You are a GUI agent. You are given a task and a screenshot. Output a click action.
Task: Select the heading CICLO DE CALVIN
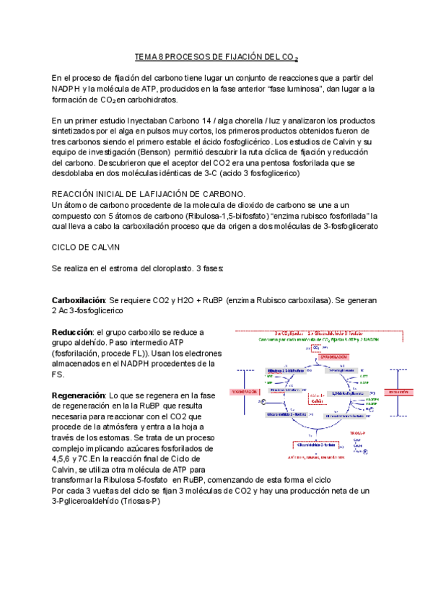click(x=87, y=247)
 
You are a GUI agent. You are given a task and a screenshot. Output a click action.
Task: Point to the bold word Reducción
click(x=71, y=331)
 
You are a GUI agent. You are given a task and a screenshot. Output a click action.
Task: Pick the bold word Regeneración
click(x=78, y=395)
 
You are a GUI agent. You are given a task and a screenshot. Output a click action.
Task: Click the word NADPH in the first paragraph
click(x=69, y=89)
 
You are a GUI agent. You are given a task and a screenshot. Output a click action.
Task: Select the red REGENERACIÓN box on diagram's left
click(x=248, y=392)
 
